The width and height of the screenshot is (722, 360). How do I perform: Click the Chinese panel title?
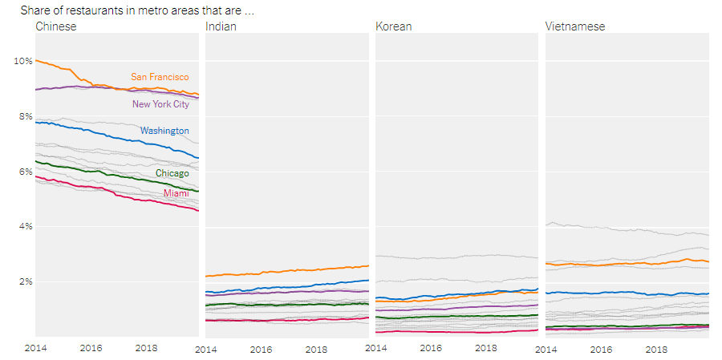click(x=56, y=26)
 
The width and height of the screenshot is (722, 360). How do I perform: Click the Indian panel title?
click(x=221, y=26)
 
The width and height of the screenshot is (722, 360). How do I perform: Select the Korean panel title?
click(x=393, y=26)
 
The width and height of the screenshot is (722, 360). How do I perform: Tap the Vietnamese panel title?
click(x=574, y=26)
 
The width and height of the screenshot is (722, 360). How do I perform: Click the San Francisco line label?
click(x=160, y=77)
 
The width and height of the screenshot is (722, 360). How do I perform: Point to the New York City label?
click(x=160, y=104)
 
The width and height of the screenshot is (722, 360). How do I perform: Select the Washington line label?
click(x=164, y=131)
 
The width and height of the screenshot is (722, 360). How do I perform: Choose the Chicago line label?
click(x=172, y=173)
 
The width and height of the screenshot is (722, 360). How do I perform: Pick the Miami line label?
click(x=176, y=193)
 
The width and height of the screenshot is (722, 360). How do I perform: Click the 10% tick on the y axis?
click(x=22, y=61)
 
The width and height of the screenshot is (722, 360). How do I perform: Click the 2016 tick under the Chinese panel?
click(x=91, y=349)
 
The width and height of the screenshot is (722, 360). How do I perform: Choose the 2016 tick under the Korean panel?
click(x=431, y=349)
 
